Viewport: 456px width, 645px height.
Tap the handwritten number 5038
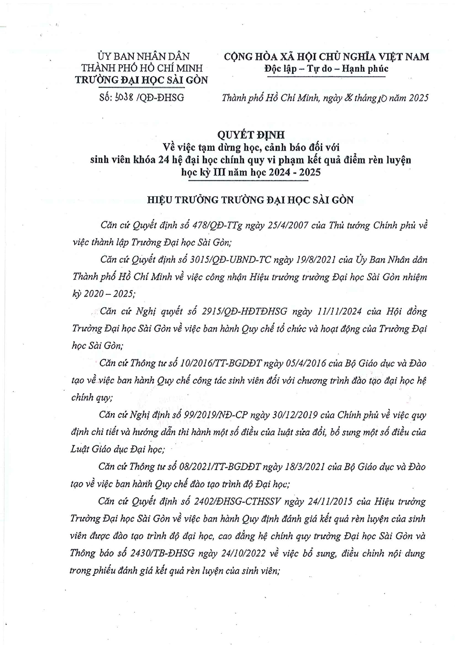[125, 98]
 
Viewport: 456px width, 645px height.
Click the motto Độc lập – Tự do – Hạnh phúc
[326, 69]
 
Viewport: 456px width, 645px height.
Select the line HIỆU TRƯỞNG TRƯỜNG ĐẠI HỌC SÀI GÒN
[250, 200]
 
